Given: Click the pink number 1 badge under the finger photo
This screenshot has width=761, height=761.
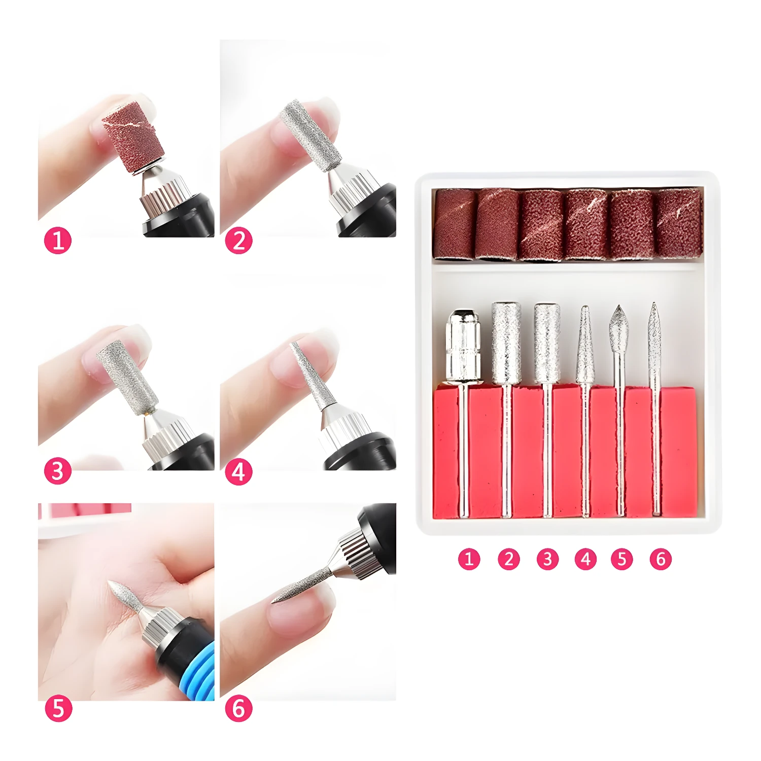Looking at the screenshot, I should pos(58,240).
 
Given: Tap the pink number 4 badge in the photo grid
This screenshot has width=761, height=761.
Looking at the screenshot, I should pos(238,472).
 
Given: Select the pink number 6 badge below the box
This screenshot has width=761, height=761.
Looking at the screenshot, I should pos(661,559).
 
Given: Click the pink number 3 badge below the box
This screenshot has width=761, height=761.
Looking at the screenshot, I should pos(547,559).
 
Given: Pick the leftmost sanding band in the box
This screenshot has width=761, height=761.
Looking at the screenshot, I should pos(454,224).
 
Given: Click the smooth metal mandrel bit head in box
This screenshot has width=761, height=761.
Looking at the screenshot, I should pos(463,346).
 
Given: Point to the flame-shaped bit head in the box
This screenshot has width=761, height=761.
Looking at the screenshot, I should pos(618,330).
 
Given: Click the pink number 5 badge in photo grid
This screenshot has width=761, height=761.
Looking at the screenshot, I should pos(58,708).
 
